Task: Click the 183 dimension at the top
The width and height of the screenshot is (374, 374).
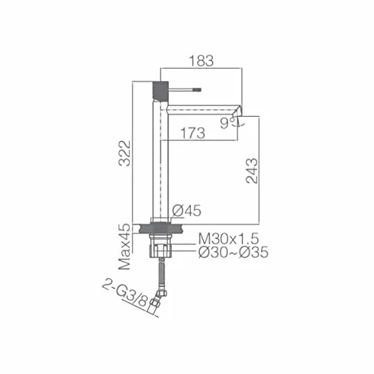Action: click(202, 61)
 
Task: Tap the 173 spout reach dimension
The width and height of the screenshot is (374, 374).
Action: click(192, 133)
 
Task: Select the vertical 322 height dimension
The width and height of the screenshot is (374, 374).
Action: click(125, 153)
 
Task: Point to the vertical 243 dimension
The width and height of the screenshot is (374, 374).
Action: click(252, 171)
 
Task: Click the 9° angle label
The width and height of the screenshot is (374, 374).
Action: click(227, 124)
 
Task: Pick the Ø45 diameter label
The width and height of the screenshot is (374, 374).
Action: click(186, 211)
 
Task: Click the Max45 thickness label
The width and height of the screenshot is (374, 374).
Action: click(125, 247)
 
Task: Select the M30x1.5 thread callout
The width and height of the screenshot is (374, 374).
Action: click(228, 239)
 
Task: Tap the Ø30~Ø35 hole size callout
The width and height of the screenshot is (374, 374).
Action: click(234, 253)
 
